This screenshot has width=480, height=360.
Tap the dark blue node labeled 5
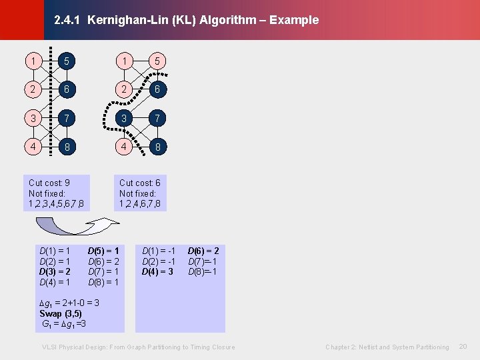coord(65,61)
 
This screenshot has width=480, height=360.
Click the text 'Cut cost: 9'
coord(49,183)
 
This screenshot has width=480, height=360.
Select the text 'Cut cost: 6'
coord(139,183)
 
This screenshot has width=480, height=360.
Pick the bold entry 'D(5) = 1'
coord(103,251)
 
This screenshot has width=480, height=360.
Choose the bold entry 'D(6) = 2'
coord(203,251)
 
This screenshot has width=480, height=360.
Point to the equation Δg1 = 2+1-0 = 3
coord(71,303)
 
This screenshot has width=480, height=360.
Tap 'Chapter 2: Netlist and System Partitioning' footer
coord(387,347)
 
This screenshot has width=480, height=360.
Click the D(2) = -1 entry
coord(158,261)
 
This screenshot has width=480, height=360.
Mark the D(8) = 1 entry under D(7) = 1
coord(103,282)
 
